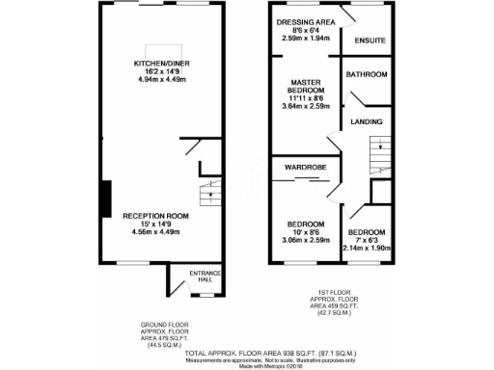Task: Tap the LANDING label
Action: click(366, 122)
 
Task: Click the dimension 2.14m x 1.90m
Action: click(366, 248)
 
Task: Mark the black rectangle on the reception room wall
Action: click(105, 198)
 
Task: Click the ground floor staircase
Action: click(207, 194)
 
